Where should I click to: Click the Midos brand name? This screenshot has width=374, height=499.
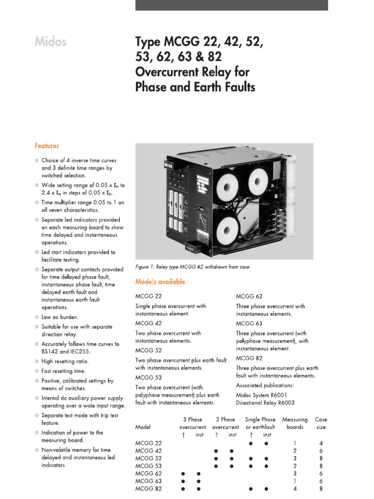pos(51,42)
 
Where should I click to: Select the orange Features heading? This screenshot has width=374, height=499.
pos(47,146)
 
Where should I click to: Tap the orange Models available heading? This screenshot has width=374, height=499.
pos(160,282)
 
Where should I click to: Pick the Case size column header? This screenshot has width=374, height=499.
pos(321,423)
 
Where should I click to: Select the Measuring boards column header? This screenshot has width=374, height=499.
pos(295,423)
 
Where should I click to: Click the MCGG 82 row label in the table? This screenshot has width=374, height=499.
pos(148,489)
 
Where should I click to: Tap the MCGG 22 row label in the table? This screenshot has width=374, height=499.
pos(148,443)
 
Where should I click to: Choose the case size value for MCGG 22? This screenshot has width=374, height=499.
pos(321,443)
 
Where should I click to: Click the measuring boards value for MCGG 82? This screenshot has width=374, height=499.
pos(295,489)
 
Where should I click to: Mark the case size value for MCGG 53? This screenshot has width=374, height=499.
pos(321,466)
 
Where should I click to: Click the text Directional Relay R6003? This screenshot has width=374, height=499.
pos(265,403)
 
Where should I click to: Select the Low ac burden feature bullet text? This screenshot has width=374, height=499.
pos(60,317)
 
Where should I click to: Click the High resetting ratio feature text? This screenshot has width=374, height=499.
pos(65,362)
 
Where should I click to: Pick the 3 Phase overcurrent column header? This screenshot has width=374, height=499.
pos(192,423)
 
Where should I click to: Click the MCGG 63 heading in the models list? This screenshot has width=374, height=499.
pos(249,323)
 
